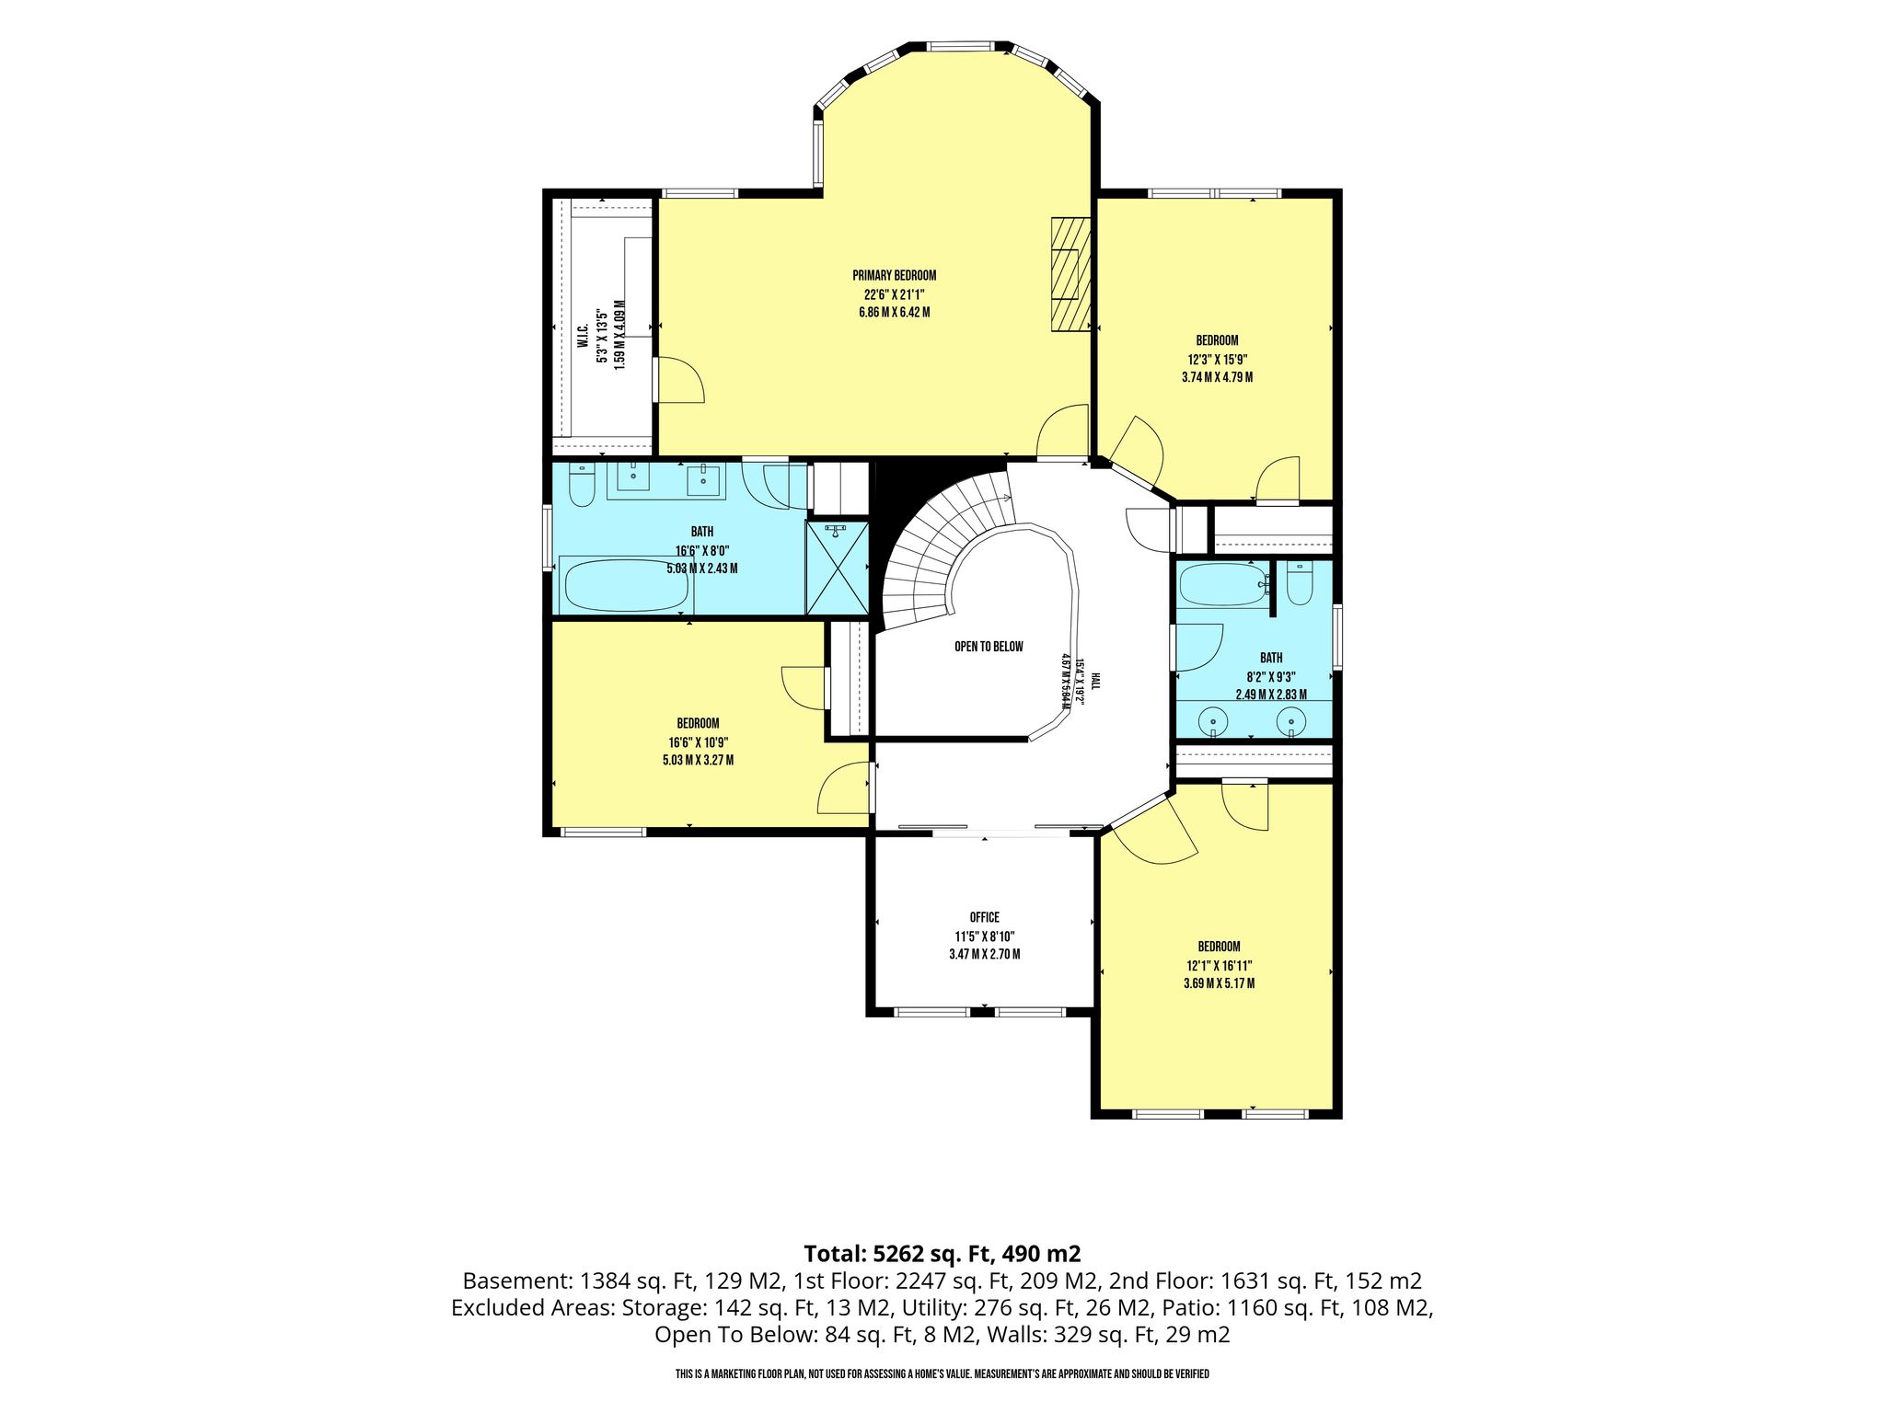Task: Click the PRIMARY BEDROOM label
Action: (894, 275)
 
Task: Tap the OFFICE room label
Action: (984, 917)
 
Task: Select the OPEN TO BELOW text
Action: (989, 647)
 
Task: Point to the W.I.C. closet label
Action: (583, 338)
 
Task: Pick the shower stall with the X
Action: (837, 568)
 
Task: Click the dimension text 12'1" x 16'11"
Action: (1219, 965)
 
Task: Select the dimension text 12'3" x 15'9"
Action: (1217, 360)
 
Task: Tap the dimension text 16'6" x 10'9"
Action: (699, 742)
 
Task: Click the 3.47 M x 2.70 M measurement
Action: (984, 954)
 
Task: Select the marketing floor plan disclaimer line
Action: (942, 1374)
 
